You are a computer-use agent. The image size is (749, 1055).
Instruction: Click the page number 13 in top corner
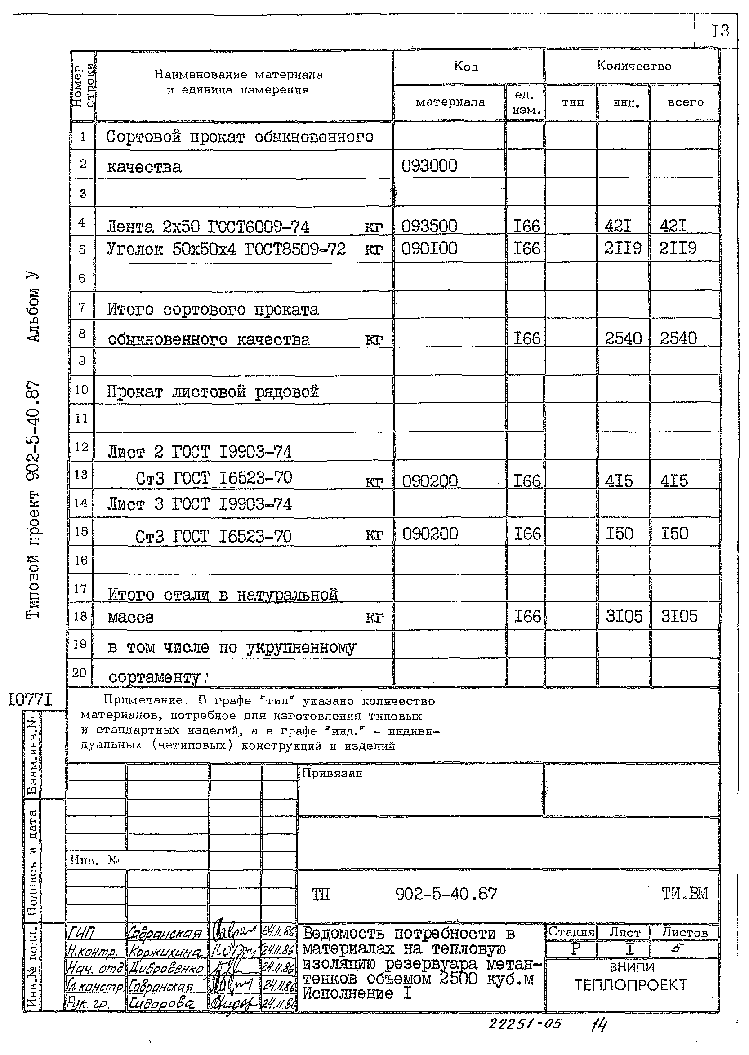pyautogui.click(x=720, y=31)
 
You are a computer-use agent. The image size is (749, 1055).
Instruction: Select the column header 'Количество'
pyautogui.click(x=634, y=66)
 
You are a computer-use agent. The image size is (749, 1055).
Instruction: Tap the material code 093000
pyautogui.click(x=429, y=165)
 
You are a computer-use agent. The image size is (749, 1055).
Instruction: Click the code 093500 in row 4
pyautogui.click(x=429, y=226)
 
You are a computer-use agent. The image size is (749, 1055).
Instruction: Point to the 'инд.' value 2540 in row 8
pyautogui.click(x=623, y=338)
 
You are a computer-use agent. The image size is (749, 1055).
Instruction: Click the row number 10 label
pyautogui.click(x=81, y=390)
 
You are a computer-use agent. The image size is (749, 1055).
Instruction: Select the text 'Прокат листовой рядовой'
pyautogui.click(x=213, y=392)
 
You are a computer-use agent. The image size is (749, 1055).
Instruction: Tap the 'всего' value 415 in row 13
pyautogui.click(x=674, y=481)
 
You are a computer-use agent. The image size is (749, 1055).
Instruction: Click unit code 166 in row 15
pyautogui.click(x=527, y=534)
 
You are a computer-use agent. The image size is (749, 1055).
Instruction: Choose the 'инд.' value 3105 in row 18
pyautogui.click(x=624, y=616)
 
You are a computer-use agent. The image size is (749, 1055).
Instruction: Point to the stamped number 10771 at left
pyautogui.click(x=31, y=700)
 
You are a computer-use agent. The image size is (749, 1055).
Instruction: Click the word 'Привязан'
pyautogui.click(x=332, y=774)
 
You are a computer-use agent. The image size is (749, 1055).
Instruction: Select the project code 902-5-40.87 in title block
pyautogui.click(x=446, y=894)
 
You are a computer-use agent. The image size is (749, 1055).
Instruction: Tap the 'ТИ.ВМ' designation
pyautogui.click(x=684, y=894)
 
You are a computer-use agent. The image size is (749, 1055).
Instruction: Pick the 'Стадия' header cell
pyautogui.click(x=571, y=932)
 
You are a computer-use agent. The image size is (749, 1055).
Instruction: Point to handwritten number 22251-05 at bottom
pyautogui.click(x=525, y=1024)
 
